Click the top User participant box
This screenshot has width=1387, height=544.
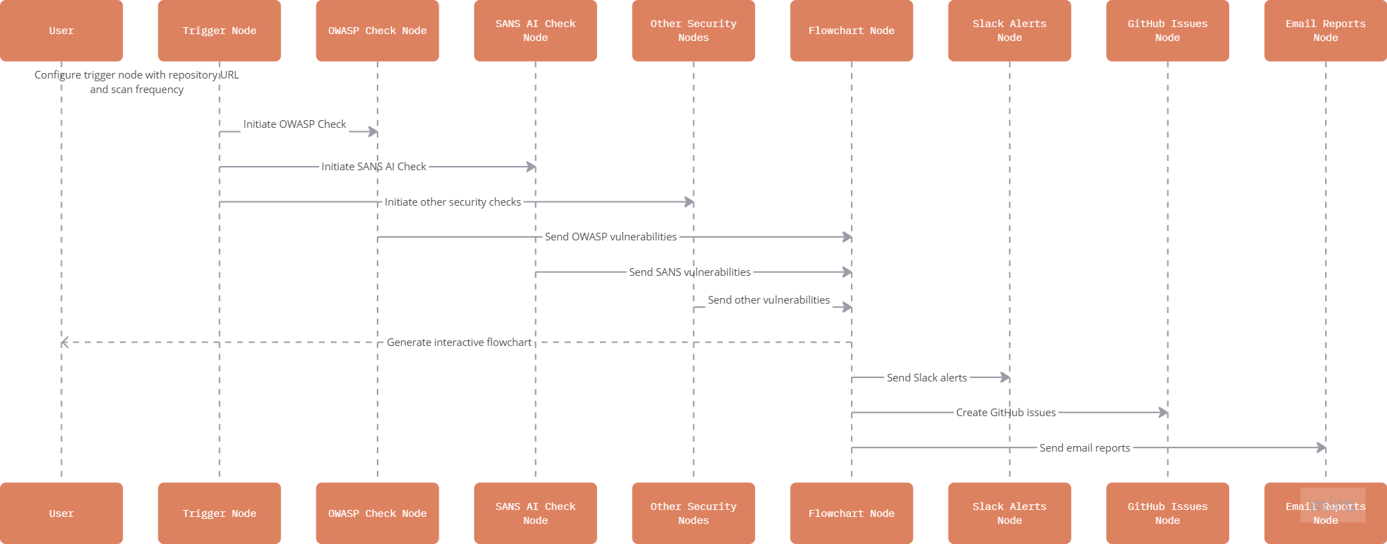tap(61, 31)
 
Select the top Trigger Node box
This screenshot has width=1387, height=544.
tap(219, 31)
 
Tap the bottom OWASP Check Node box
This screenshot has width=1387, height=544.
tap(377, 513)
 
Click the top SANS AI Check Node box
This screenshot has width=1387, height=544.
tap(535, 31)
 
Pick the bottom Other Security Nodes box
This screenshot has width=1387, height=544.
tap(693, 513)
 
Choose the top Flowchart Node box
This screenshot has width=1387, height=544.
tap(851, 31)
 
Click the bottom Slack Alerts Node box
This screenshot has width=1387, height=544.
tap(1009, 513)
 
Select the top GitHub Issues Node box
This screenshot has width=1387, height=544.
tap(1167, 31)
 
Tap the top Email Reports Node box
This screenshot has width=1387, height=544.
tap(1325, 31)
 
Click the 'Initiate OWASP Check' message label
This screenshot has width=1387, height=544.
tap(294, 124)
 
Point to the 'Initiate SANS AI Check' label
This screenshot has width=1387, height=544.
tap(373, 167)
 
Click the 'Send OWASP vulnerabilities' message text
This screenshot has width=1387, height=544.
tap(610, 237)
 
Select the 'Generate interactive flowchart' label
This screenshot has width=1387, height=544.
tap(459, 343)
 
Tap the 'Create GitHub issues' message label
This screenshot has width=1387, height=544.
tap(1005, 413)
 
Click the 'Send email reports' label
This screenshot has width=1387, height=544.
tap(1085, 448)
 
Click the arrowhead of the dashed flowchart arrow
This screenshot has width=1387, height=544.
tap(65, 343)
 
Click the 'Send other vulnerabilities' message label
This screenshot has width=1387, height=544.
tap(768, 300)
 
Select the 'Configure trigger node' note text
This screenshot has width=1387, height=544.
tap(137, 82)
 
